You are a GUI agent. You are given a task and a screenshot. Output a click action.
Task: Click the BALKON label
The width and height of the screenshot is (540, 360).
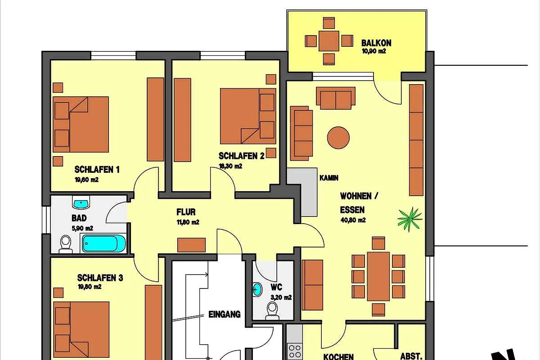coord(376,43)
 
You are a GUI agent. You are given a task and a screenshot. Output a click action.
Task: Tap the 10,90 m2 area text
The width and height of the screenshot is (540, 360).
coord(374,51)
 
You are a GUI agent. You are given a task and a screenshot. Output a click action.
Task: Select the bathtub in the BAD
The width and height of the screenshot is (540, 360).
coord(103,243)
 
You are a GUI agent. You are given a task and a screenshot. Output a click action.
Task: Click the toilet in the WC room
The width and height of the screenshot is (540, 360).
coord(272,310)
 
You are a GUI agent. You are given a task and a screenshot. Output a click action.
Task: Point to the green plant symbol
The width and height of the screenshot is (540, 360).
coord(410,219)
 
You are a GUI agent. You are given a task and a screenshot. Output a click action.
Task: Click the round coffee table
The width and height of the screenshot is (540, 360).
coord(338,138)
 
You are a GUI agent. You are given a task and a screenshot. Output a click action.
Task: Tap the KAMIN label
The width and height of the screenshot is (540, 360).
coord(329,178)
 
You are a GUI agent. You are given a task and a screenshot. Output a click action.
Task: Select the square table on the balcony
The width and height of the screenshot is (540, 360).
coord(329,41)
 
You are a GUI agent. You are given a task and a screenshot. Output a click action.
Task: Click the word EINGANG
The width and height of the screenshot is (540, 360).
coord(225,315)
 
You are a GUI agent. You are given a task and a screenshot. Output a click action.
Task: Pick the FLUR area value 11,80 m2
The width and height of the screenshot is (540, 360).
coord(188,222)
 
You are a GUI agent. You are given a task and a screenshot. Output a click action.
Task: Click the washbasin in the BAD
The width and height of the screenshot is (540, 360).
coord(81,202)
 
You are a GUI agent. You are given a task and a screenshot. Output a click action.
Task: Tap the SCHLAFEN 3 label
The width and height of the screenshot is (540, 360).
coord(100,278)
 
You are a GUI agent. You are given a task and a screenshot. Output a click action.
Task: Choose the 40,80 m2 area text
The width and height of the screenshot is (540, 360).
coord(353,220)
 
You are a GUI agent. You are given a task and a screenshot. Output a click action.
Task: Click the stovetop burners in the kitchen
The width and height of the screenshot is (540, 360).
coord(295,351)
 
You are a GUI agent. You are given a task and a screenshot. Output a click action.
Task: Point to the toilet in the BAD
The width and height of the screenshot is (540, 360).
coord(66,244)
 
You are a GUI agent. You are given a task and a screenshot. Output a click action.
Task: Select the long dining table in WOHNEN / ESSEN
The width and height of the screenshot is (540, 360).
coord(378,276)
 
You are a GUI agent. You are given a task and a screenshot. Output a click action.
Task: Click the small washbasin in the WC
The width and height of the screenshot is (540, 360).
coord(257,289)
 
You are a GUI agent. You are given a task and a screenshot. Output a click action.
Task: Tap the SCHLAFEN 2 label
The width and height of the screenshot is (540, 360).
coord(241,156)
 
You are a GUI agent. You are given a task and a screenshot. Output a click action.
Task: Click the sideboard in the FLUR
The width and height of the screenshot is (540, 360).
coord(191,245)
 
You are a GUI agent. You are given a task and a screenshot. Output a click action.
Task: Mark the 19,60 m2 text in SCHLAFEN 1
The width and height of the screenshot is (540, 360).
coord(86,180)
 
